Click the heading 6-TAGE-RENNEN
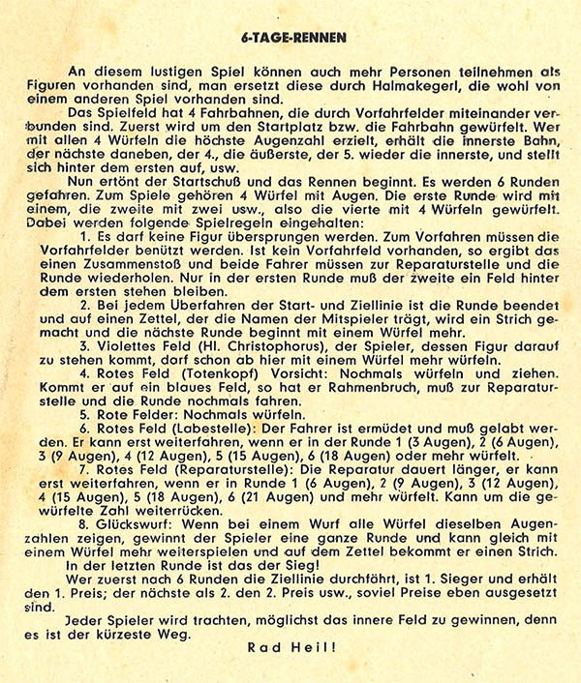click(290, 39)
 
